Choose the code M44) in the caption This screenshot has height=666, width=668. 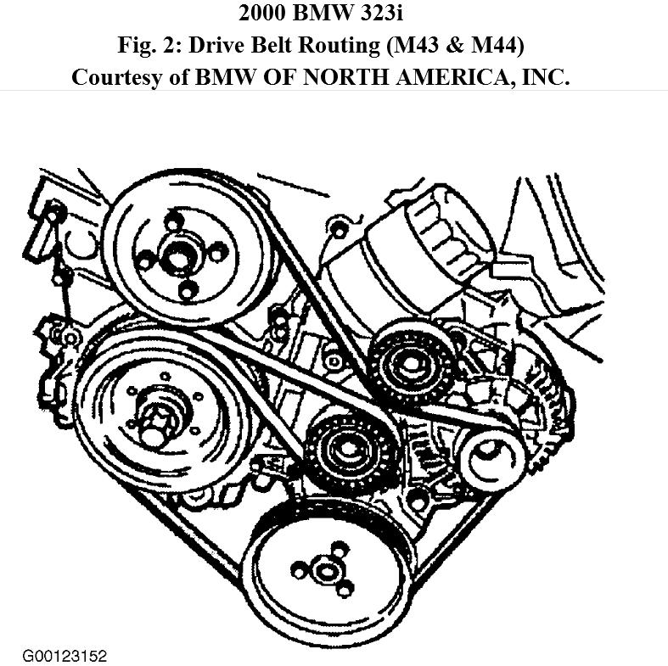point(510,45)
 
